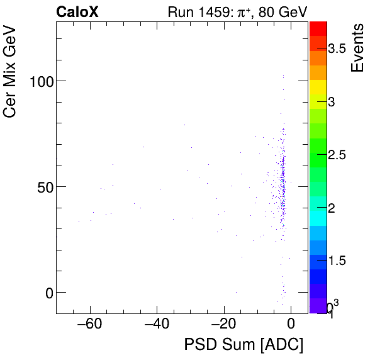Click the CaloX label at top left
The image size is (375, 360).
tap(77, 12)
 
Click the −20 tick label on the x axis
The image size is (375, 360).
tap(223, 325)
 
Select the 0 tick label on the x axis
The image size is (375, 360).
tap(291, 325)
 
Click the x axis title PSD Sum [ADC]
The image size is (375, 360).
tap(243, 345)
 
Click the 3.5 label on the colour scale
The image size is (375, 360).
tap(342, 49)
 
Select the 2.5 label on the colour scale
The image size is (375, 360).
tap(342, 155)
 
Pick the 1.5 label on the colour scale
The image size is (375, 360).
tap(342, 261)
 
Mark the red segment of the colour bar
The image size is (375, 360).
tap(318, 28)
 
